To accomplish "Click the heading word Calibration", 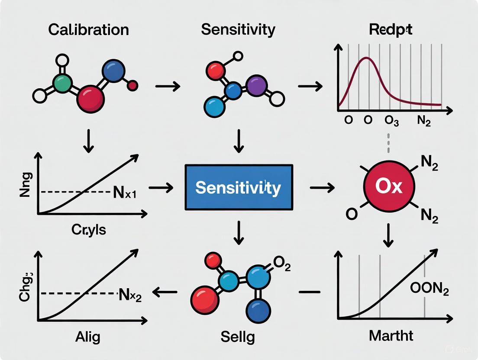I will pyautogui.click(x=88, y=29).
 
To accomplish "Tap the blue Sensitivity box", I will pyautogui.click(x=238, y=188).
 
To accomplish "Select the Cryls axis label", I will pyautogui.click(x=88, y=229).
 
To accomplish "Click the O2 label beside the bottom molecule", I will pyautogui.click(x=281, y=264).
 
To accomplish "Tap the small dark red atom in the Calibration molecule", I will pyautogui.click(x=133, y=86).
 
